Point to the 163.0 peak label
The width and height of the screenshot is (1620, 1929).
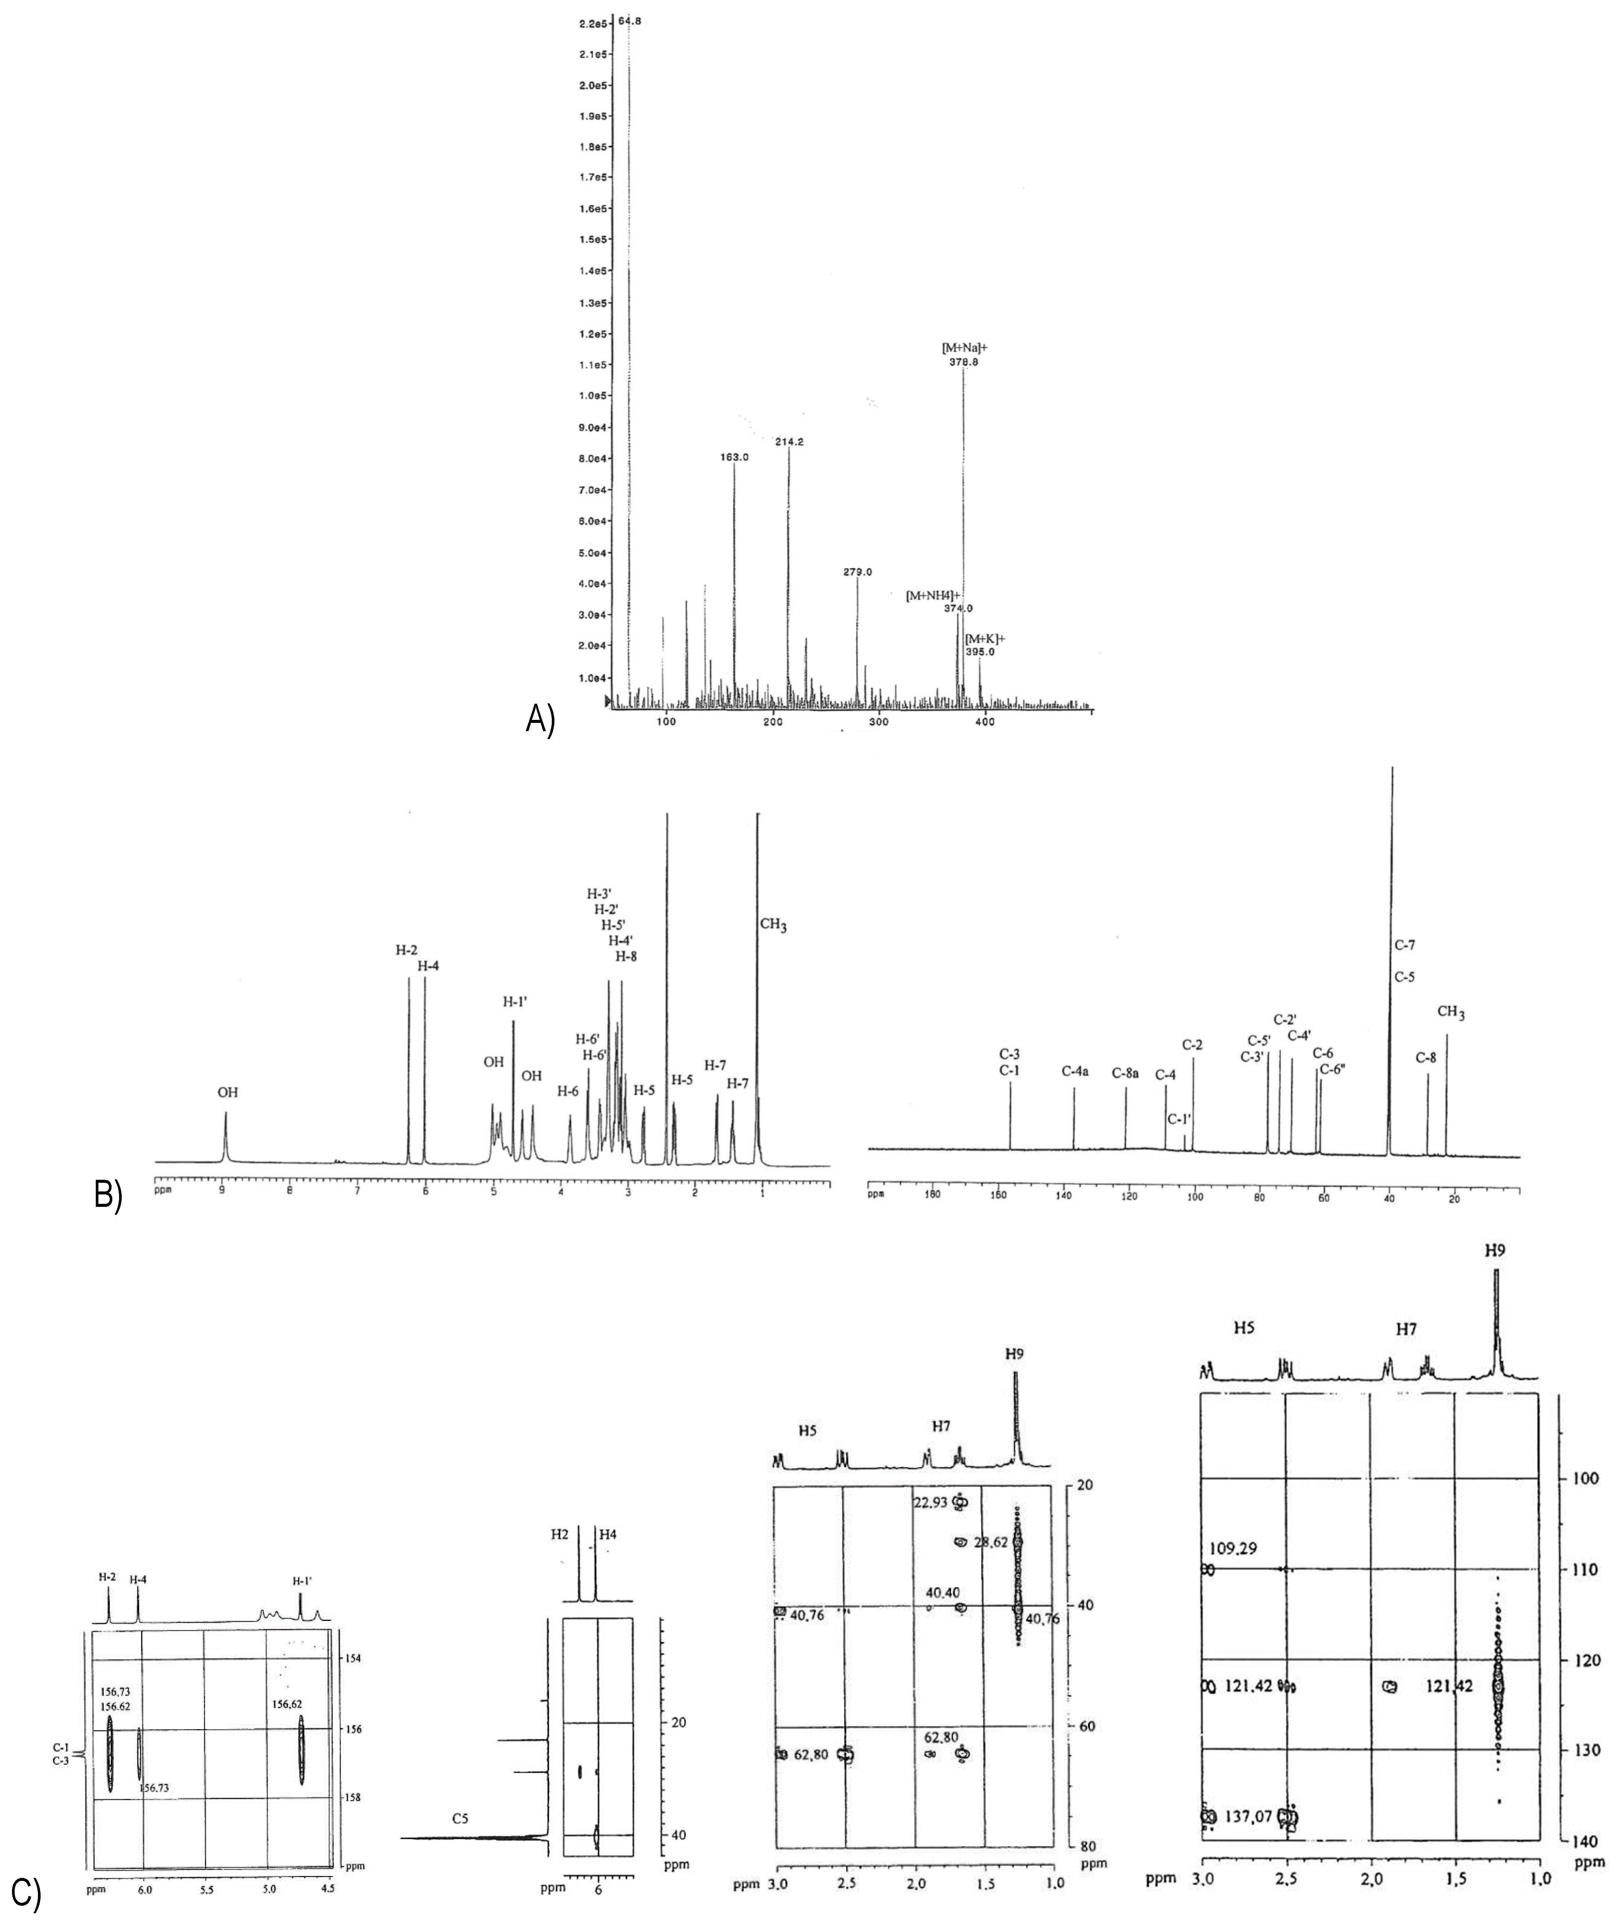(x=735, y=457)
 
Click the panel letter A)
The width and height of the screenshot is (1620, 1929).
(x=540, y=719)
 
